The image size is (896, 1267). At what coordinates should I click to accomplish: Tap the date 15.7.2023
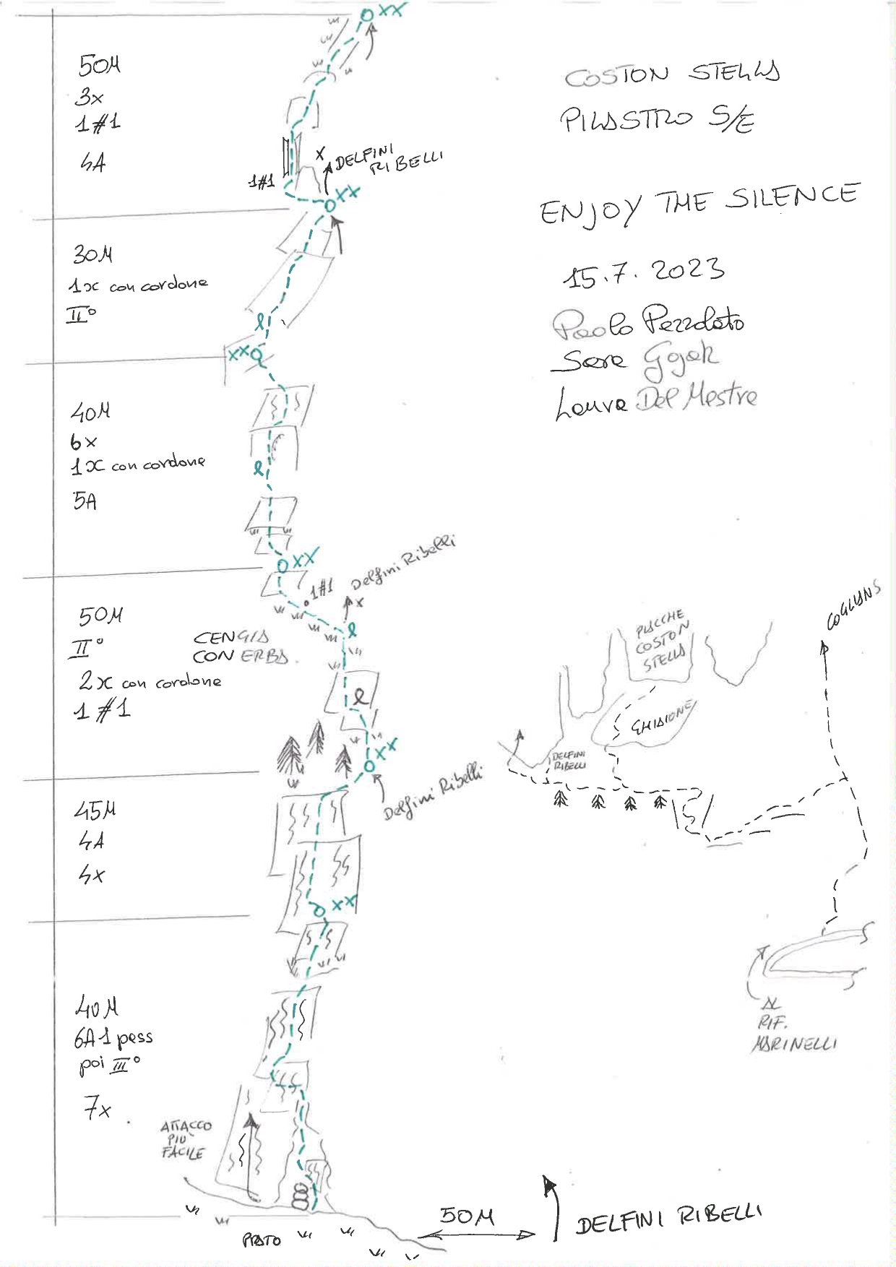643,272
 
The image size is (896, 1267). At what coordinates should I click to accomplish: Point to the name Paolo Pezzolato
648,322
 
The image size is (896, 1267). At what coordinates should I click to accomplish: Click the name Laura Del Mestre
656,400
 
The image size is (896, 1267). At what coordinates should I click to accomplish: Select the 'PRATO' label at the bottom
261,1240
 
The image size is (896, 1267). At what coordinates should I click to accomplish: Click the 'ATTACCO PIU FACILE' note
185,1138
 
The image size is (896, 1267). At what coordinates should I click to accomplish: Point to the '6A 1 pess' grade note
113,1039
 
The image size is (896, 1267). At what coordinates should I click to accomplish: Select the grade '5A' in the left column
85,501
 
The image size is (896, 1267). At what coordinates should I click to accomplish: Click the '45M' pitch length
95,810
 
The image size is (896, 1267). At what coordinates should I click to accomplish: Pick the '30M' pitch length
92,254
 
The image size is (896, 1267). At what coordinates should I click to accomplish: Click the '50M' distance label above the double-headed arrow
467,1216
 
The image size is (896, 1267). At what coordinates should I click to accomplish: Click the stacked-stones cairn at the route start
300,1196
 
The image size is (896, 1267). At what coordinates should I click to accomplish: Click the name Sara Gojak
634,359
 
